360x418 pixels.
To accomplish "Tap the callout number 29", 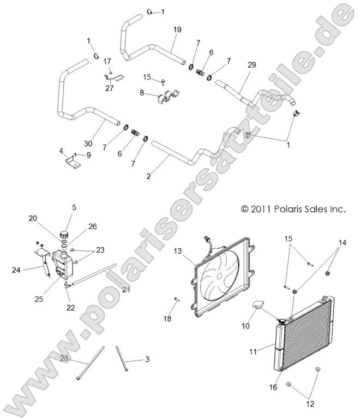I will [x=251, y=65].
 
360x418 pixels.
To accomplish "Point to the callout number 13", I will [x=177, y=251].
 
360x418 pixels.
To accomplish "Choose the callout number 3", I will [x=147, y=359].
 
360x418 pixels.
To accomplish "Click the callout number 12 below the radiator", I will [x=309, y=405].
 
